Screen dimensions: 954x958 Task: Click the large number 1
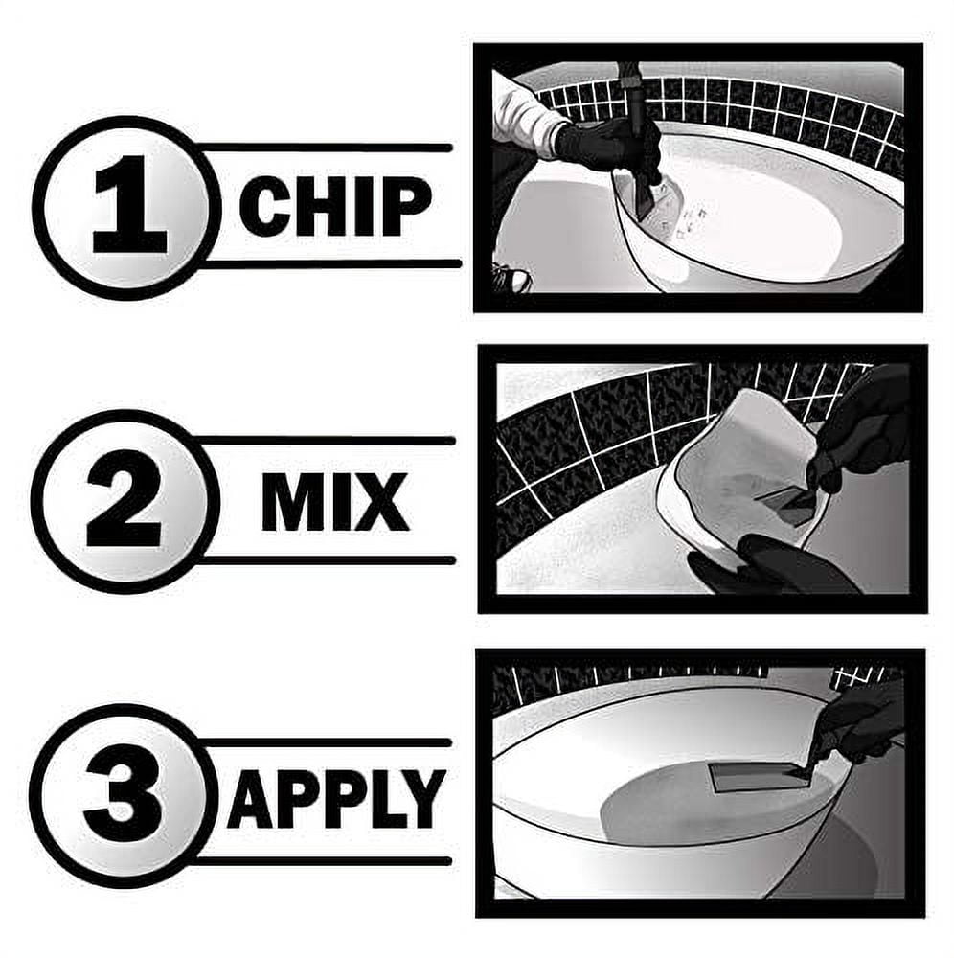pyautogui.click(x=129, y=204)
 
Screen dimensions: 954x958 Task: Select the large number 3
pyautogui.click(x=124, y=793)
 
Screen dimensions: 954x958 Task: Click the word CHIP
pyautogui.click(x=335, y=207)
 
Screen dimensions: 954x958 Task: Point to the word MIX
pyautogui.click(x=335, y=502)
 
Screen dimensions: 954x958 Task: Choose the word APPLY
pyautogui.click(x=336, y=799)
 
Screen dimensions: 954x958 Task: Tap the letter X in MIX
pyautogui.click(x=381, y=502)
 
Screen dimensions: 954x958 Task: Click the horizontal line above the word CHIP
pyautogui.click(x=324, y=148)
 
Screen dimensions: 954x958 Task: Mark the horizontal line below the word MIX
pyautogui.click(x=326, y=560)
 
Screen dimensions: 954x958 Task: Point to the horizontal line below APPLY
pyautogui.click(x=324, y=861)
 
